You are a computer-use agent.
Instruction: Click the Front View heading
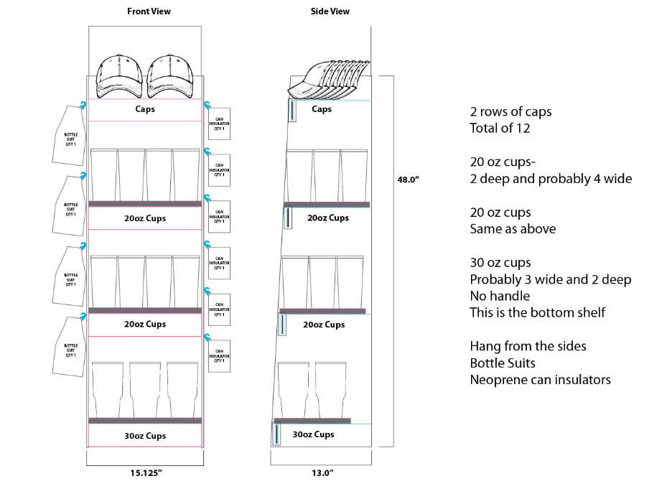point(149,11)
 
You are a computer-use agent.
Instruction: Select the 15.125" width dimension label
point(146,473)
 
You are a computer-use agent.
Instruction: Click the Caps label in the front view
point(145,110)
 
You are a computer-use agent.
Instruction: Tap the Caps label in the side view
point(322,109)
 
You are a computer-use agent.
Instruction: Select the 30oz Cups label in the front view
point(145,436)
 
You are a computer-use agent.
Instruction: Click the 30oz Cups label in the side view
point(313,434)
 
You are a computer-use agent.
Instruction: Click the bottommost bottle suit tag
point(70,347)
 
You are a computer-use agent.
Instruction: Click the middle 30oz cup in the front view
point(145,388)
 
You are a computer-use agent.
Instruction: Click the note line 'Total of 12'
point(501,129)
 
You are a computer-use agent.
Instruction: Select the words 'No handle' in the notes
point(500,295)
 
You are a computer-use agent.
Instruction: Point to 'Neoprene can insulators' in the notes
point(540,379)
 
